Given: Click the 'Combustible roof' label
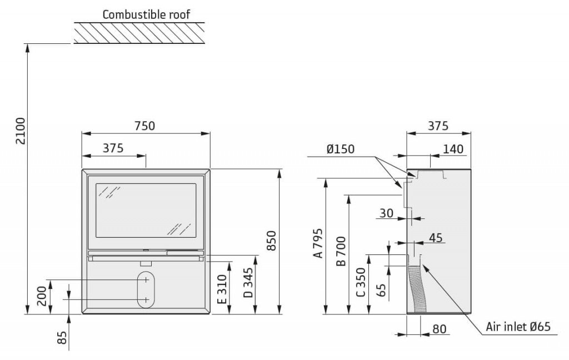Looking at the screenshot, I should [146, 14].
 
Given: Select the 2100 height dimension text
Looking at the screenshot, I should [20, 131].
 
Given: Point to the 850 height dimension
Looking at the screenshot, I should [271, 241].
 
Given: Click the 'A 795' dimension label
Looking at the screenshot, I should [317, 243].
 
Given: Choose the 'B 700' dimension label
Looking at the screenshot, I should [341, 251].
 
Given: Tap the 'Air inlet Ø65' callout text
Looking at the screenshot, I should [518, 327].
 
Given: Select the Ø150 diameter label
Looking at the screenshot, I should [340, 149].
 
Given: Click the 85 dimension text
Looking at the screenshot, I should [62, 337].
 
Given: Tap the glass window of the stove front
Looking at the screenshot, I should [146, 210].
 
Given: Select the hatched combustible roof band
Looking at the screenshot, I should [139, 33].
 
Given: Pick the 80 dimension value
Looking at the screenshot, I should [439, 329].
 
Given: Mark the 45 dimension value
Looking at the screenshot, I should [436, 238].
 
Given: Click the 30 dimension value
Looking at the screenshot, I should [386, 213].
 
